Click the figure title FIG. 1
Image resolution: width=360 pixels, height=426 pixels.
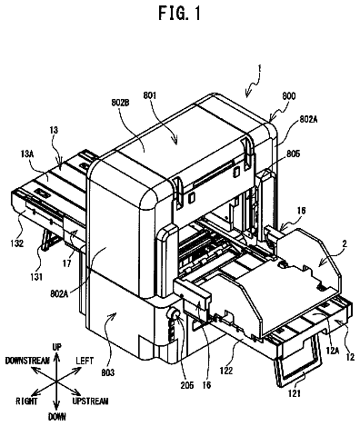[x=179, y=13]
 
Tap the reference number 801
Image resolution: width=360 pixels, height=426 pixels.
[x=149, y=96]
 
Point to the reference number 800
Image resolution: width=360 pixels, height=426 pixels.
[x=288, y=96]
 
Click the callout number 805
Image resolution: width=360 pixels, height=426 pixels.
[x=292, y=154]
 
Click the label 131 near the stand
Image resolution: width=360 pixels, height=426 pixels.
[x=36, y=276]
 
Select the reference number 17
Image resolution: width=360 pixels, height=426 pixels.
[x=66, y=263]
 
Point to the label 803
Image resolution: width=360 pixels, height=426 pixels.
[x=108, y=372]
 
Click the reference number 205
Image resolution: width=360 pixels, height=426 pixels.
[x=186, y=385]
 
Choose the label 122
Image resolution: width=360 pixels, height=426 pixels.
[x=226, y=371]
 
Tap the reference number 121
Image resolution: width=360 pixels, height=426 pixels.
[x=295, y=393]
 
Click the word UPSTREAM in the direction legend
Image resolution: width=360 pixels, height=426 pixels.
[x=90, y=401]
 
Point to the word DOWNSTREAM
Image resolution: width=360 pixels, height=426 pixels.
[x=27, y=361]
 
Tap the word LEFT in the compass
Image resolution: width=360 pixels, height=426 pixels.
[x=85, y=361]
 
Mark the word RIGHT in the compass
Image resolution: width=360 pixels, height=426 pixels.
[x=27, y=401]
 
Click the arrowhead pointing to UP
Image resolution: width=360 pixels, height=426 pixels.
[x=56, y=357]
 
